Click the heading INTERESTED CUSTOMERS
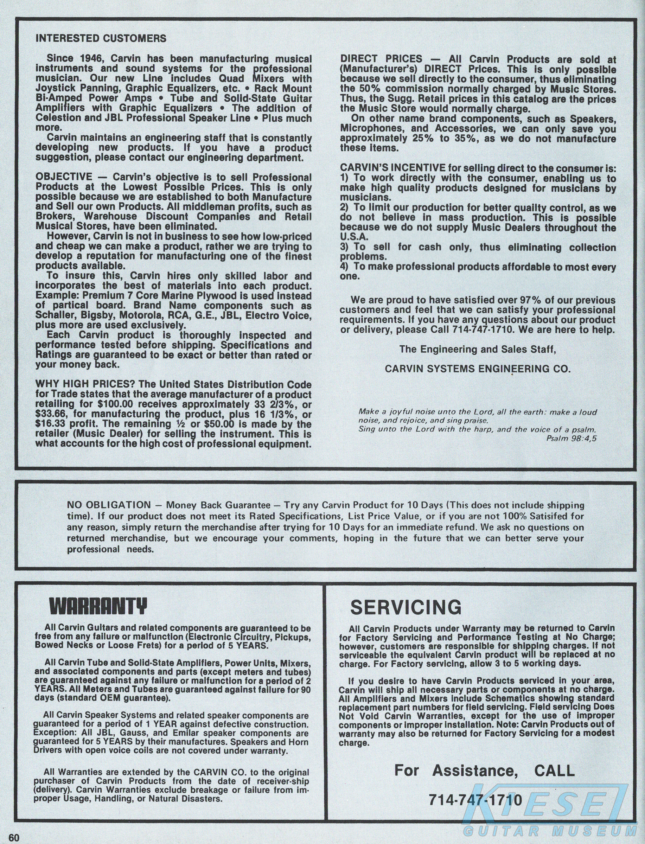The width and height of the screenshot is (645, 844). pyautogui.click(x=101, y=38)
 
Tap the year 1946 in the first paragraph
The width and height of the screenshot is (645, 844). pyautogui.click(x=91, y=59)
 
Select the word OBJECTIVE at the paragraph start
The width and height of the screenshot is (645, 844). pyautogui.click(x=64, y=177)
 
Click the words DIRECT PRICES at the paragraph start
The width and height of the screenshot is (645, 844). pyautogui.click(x=381, y=59)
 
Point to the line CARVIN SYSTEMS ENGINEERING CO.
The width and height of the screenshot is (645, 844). pyautogui.click(x=478, y=369)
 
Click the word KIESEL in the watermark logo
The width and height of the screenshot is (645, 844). pyautogui.click(x=545, y=804)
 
